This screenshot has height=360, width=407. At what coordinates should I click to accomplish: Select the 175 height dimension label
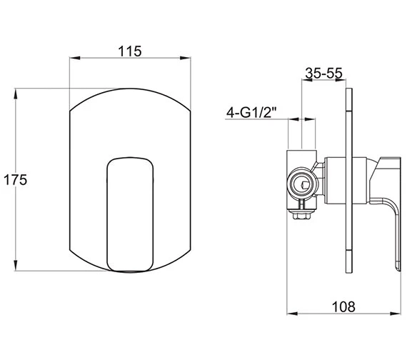click(14, 180)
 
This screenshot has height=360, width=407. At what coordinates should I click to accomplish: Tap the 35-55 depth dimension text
click(323, 73)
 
